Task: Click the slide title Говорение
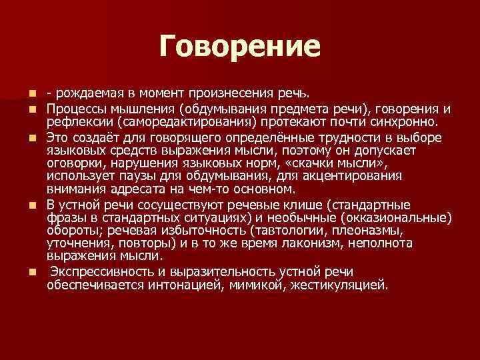click(x=240, y=47)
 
